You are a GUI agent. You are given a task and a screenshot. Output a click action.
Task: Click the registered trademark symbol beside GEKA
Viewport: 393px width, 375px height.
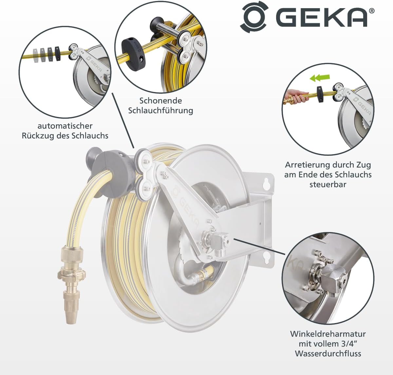(x=372, y=11)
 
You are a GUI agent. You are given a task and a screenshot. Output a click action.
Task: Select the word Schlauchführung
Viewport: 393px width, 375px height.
(x=160, y=111)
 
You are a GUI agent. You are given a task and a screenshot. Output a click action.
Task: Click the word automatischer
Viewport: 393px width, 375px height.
(x=65, y=126)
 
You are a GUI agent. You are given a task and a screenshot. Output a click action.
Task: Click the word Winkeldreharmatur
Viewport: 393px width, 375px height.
(x=328, y=334)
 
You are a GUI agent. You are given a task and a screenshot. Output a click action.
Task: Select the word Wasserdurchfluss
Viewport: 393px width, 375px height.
(x=328, y=353)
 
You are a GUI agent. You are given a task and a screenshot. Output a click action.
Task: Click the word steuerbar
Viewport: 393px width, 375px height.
(x=328, y=184)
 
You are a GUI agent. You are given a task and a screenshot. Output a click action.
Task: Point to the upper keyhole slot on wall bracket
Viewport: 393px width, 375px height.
(x=267, y=184)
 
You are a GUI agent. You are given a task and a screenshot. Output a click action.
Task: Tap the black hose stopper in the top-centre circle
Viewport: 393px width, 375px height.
(x=133, y=53)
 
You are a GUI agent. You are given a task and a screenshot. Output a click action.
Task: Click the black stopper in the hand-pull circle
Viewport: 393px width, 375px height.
(x=320, y=94)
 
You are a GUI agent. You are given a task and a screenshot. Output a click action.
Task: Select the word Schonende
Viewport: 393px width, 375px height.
(x=160, y=101)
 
